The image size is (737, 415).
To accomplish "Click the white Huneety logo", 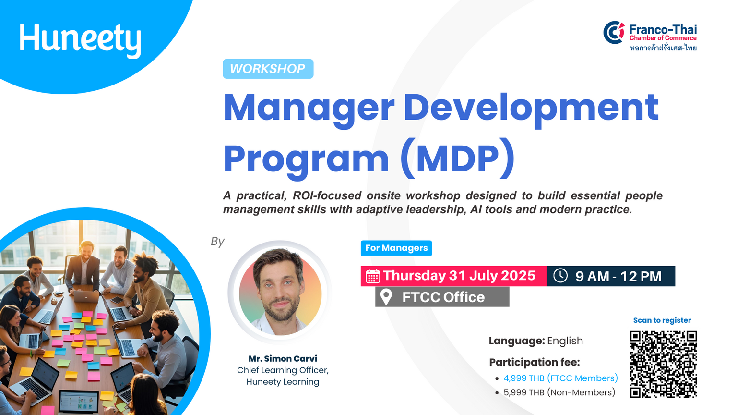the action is (x=80, y=40).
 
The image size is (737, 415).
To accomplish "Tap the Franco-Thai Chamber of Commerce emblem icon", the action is (x=614, y=32).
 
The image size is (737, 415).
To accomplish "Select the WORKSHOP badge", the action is (x=268, y=69).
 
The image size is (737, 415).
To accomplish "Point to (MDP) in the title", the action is (x=458, y=159).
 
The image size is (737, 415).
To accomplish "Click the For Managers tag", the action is (x=396, y=248).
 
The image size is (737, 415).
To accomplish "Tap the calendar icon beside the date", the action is (x=372, y=276).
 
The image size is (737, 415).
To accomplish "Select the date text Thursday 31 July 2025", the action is (x=459, y=276).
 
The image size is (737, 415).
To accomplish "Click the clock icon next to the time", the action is (x=560, y=275).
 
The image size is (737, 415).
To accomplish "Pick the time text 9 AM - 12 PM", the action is (x=618, y=276).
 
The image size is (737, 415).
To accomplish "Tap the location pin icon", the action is (x=386, y=297).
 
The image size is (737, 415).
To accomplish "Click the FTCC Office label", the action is (x=443, y=297).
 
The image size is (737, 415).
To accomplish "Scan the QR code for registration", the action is (x=663, y=364).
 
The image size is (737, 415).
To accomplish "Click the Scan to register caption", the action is (x=662, y=320).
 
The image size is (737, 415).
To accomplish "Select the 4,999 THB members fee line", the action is (x=560, y=378).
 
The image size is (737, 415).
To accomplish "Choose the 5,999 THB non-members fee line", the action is (x=559, y=392).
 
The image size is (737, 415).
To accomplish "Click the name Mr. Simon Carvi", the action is (x=283, y=358).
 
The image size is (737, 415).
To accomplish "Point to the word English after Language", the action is (x=565, y=341).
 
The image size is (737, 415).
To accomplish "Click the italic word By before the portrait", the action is (x=217, y=242).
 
